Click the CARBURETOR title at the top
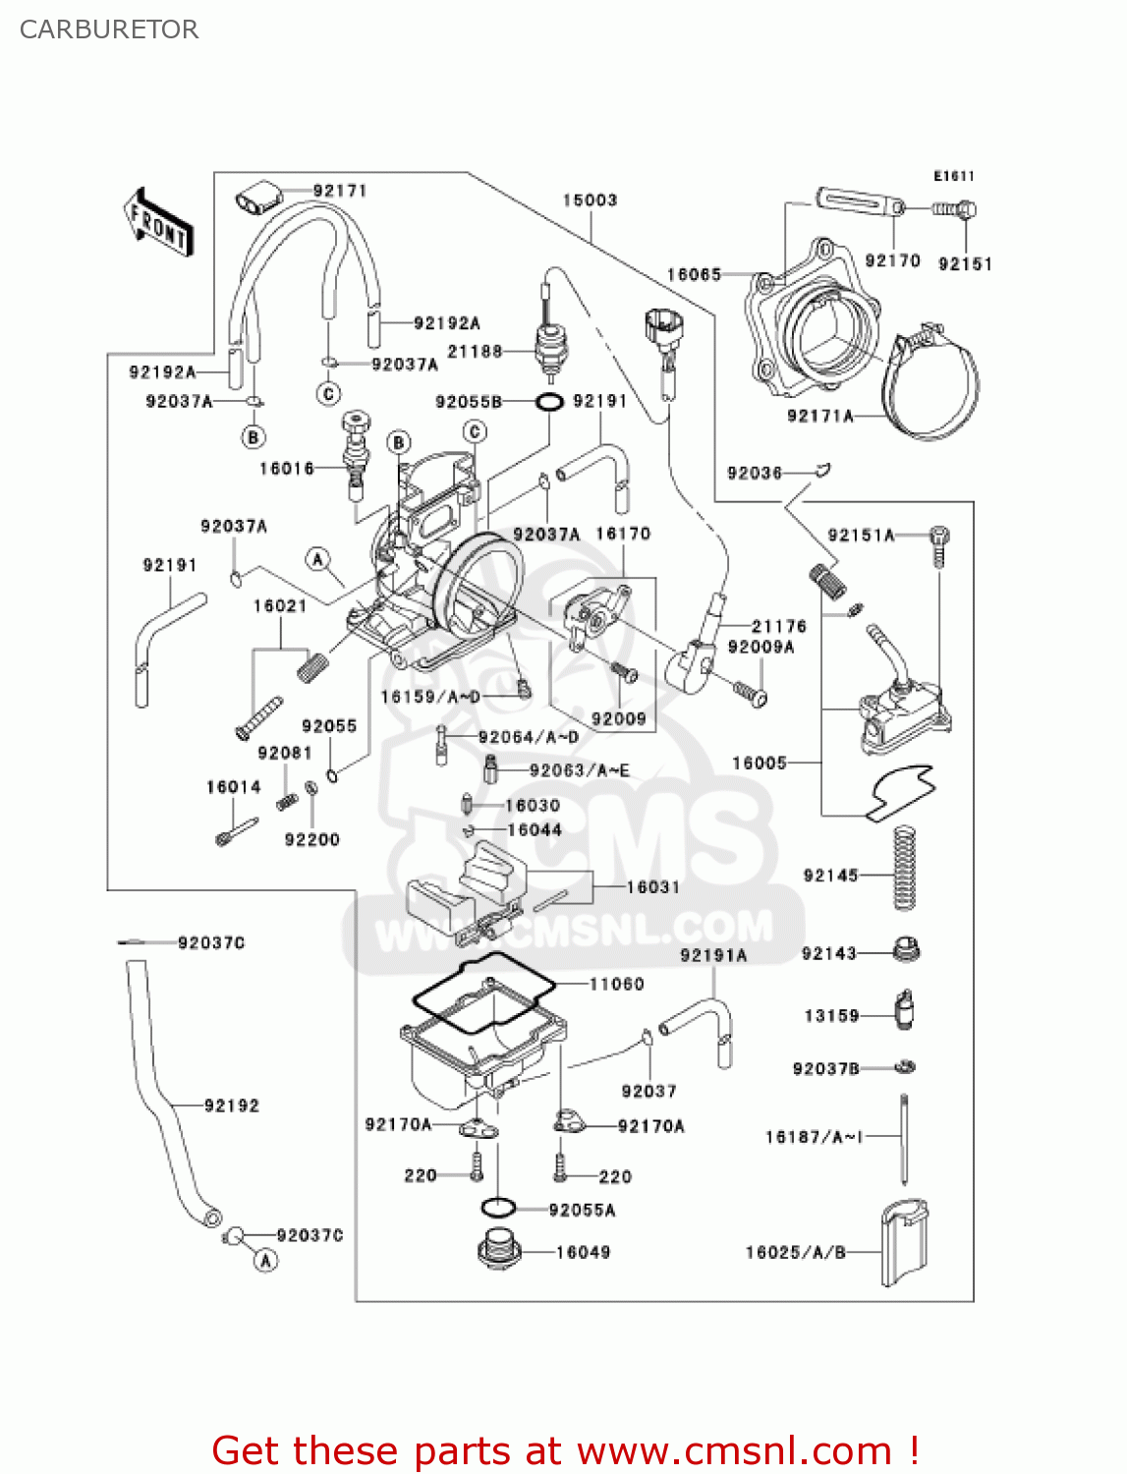pos(109,29)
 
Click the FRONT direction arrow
pos(158,224)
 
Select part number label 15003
pos(590,200)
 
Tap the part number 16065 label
pos(694,275)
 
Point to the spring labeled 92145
pos(904,869)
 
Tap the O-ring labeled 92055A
pos(499,1208)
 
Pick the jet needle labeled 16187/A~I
pos(903,1140)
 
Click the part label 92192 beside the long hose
pos(232,1106)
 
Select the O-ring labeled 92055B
pos(549,402)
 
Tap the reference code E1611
pos(953,177)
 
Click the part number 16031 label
pos(653,887)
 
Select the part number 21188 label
pos(475,352)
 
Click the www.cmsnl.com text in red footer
pos(734,1451)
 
